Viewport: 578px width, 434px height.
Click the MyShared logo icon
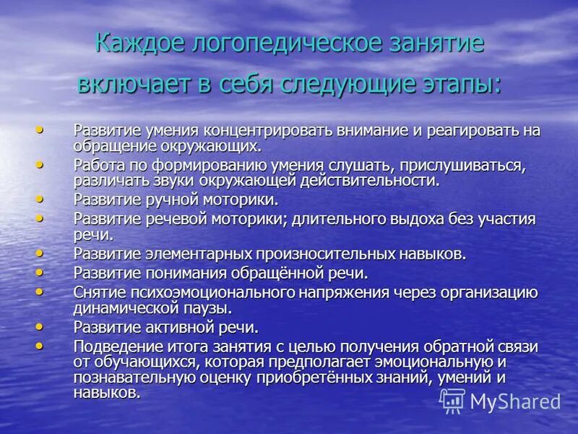coord(452,400)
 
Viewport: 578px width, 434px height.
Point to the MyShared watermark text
coord(516,401)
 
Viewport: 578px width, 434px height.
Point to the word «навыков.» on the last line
coord(107,393)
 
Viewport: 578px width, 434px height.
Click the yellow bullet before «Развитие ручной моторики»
coord(39,197)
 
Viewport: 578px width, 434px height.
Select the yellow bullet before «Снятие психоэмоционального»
coord(39,290)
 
